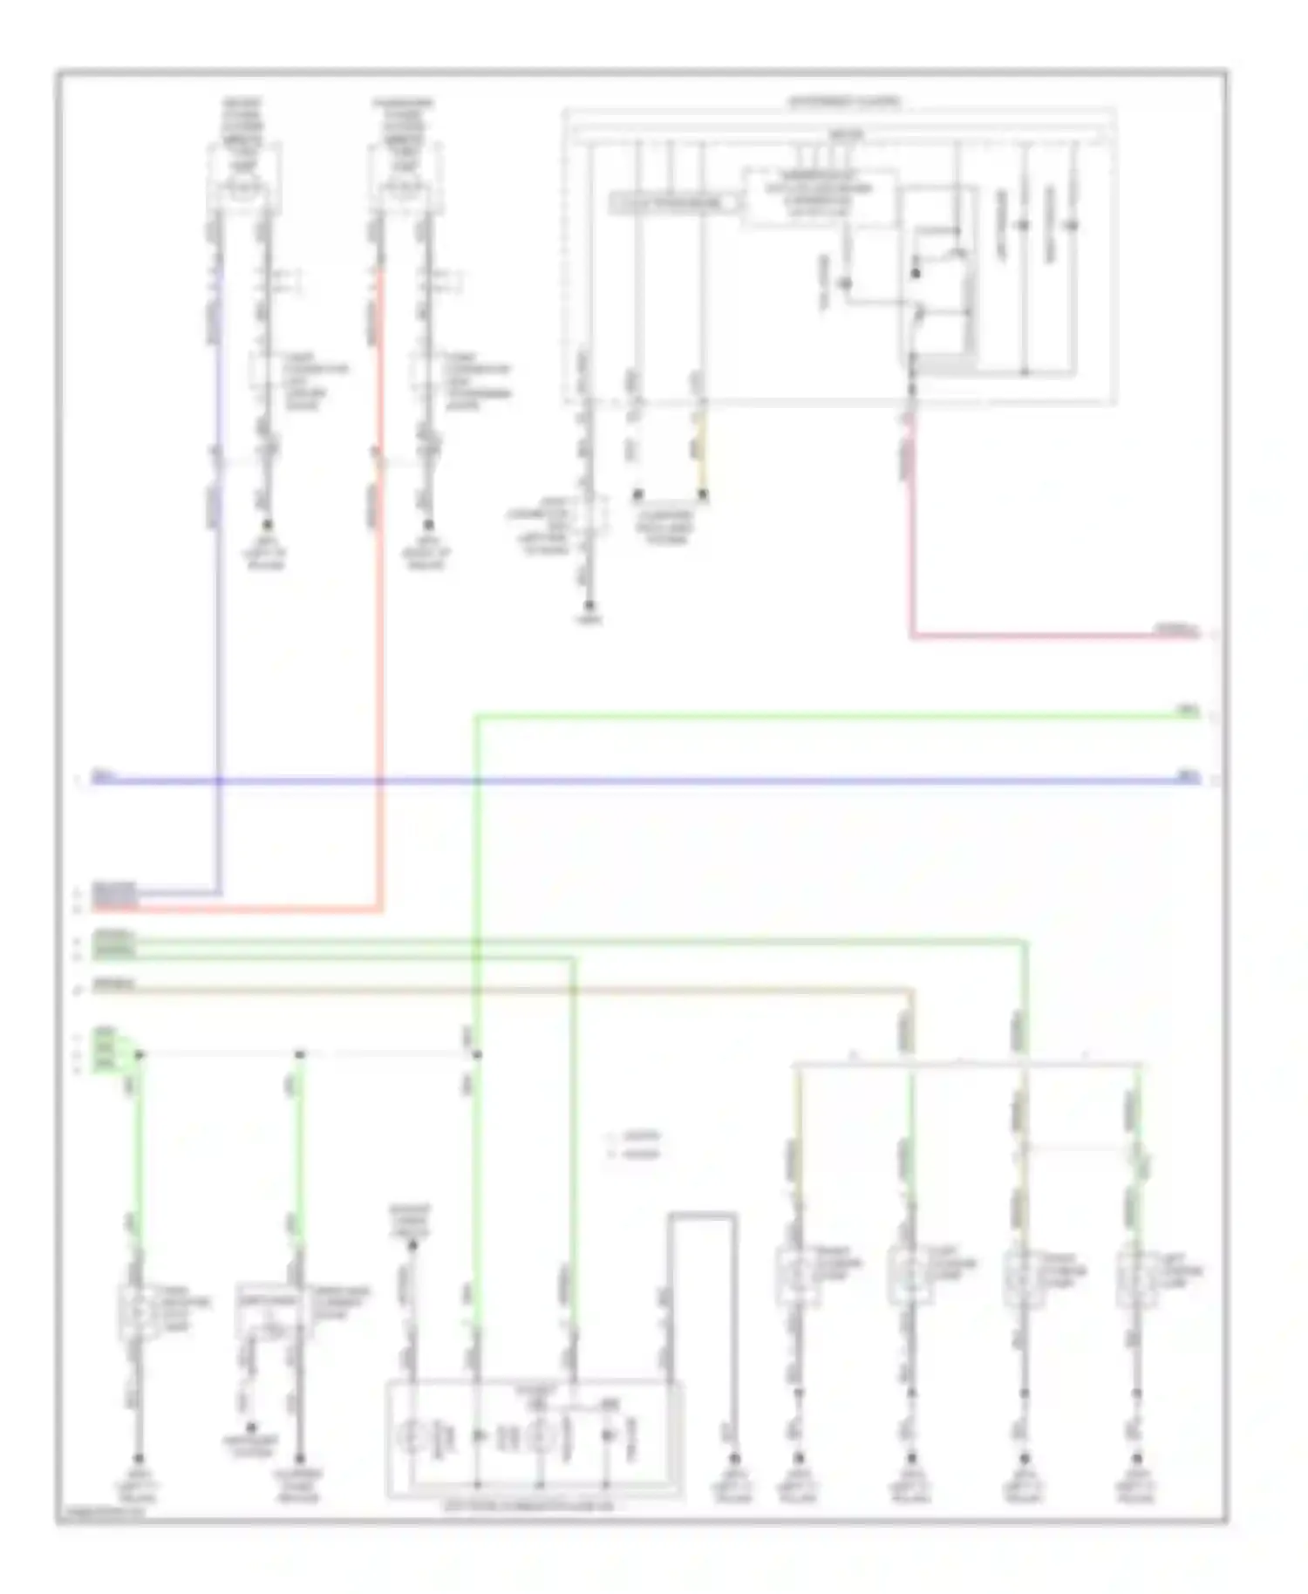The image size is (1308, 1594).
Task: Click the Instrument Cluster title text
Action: click(x=844, y=102)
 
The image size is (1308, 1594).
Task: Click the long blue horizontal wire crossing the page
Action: click(x=645, y=780)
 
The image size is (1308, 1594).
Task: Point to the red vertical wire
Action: click(x=379, y=610)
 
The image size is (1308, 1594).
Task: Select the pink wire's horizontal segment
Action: click(x=1046, y=637)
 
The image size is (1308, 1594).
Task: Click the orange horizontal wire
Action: click(x=523, y=990)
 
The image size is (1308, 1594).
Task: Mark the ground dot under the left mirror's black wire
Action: click(x=267, y=525)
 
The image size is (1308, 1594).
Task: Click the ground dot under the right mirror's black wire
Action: click(x=428, y=525)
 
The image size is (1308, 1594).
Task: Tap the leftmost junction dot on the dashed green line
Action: click(x=139, y=1055)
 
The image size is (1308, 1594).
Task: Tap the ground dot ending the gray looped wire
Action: click(x=734, y=1458)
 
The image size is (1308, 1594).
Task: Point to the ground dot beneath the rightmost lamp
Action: click(x=1136, y=1458)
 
